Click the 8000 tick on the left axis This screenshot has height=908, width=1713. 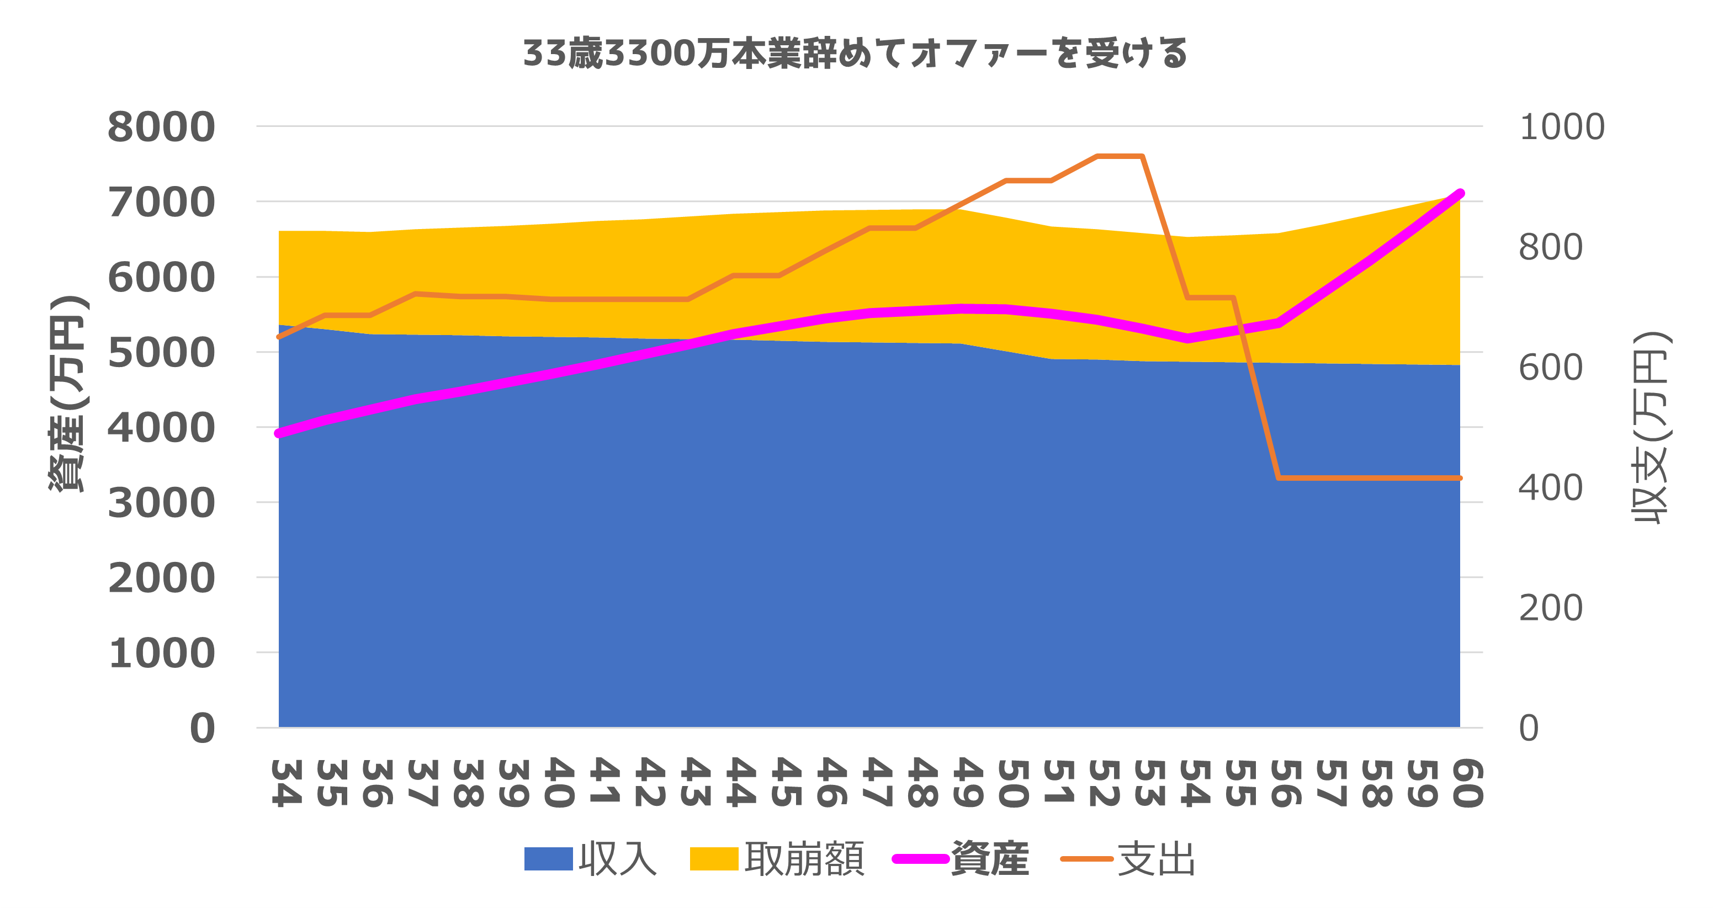(162, 127)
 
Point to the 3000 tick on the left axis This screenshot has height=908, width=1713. (162, 503)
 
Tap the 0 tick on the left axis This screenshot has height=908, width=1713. (203, 728)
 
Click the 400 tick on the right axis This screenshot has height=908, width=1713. (1550, 488)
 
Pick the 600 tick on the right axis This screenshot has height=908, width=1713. (1550, 368)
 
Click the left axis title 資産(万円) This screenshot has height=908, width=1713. (68, 394)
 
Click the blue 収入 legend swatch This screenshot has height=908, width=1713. (549, 859)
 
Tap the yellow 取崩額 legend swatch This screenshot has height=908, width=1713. (714, 859)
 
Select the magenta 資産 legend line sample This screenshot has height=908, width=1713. (920, 859)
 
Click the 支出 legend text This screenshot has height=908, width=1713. (1157, 859)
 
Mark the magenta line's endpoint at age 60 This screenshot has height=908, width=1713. (1460, 193)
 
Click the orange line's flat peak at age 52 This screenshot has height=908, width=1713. (1097, 157)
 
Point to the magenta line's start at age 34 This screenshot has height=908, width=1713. (279, 433)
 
